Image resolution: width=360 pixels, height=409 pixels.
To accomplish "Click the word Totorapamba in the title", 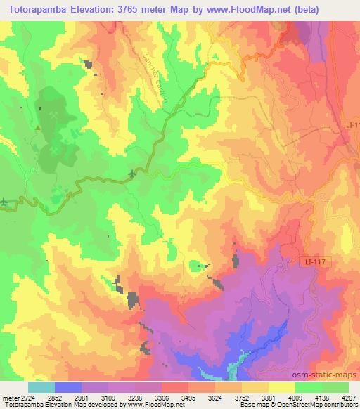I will (41, 9).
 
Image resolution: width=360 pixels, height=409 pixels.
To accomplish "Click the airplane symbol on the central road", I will (132, 173).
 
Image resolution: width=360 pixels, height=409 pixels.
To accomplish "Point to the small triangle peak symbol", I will (37, 126).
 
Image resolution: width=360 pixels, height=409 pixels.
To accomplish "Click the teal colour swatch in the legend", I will (41, 387).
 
